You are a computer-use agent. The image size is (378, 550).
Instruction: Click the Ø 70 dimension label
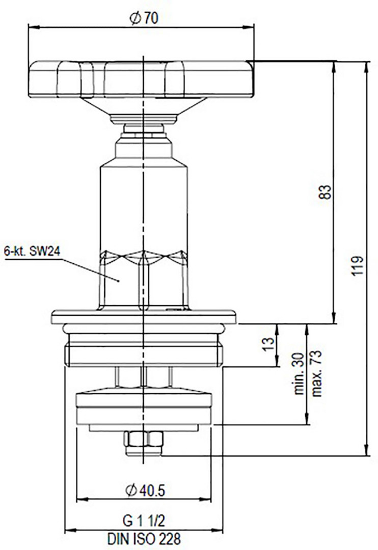point(144,18)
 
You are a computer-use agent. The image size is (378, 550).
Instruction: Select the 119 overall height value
point(358,266)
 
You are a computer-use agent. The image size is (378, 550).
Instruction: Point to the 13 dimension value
point(268,344)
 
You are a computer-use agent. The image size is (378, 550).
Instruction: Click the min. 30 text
point(299,374)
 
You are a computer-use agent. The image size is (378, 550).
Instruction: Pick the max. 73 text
point(316,373)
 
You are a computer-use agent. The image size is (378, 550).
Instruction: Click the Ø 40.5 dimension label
point(145,490)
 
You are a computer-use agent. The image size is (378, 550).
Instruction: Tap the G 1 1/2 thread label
point(144,521)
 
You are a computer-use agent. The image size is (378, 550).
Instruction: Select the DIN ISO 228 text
point(144,538)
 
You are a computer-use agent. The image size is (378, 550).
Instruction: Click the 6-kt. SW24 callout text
point(32,251)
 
